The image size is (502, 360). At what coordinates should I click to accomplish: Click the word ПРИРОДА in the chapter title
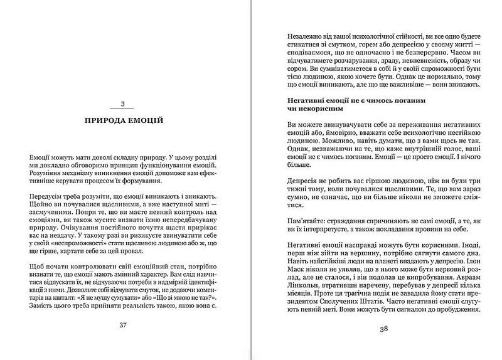104,119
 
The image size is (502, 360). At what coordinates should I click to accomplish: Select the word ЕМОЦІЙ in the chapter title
145,119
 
